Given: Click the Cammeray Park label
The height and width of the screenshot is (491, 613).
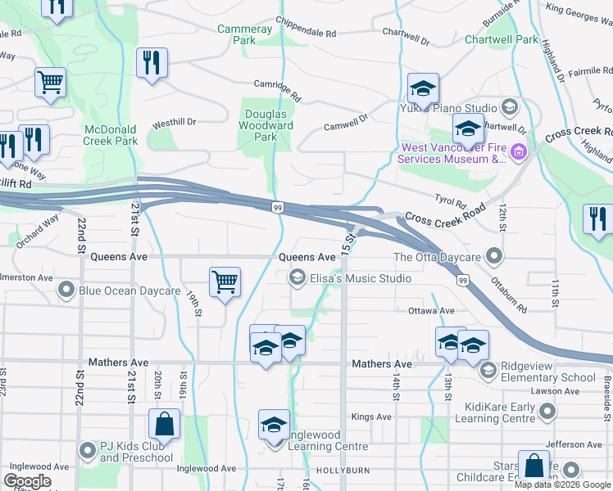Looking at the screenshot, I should (x=244, y=34).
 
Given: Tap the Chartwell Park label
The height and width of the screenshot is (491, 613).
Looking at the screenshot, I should (x=502, y=39).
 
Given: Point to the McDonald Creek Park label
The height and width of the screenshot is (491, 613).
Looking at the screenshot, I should (x=111, y=135).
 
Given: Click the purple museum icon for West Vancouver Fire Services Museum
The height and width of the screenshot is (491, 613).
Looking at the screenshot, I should (x=518, y=151).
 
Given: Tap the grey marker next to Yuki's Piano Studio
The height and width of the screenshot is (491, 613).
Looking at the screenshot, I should (x=509, y=107).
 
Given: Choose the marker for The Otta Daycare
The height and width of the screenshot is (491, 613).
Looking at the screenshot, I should (x=493, y=257).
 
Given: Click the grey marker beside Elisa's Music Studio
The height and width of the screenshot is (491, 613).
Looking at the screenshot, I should (x=297, y=279).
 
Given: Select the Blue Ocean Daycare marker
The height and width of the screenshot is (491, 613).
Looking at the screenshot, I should (x=66, y=290).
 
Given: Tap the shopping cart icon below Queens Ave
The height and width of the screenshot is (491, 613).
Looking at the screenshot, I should (x=225, y=282).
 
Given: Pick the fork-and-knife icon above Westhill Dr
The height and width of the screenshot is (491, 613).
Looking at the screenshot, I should (x=152, y=63).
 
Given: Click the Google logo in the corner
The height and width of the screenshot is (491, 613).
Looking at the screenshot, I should (x=27, y=481).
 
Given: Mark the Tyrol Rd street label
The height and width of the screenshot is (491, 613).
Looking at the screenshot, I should (x=450, y=203).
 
